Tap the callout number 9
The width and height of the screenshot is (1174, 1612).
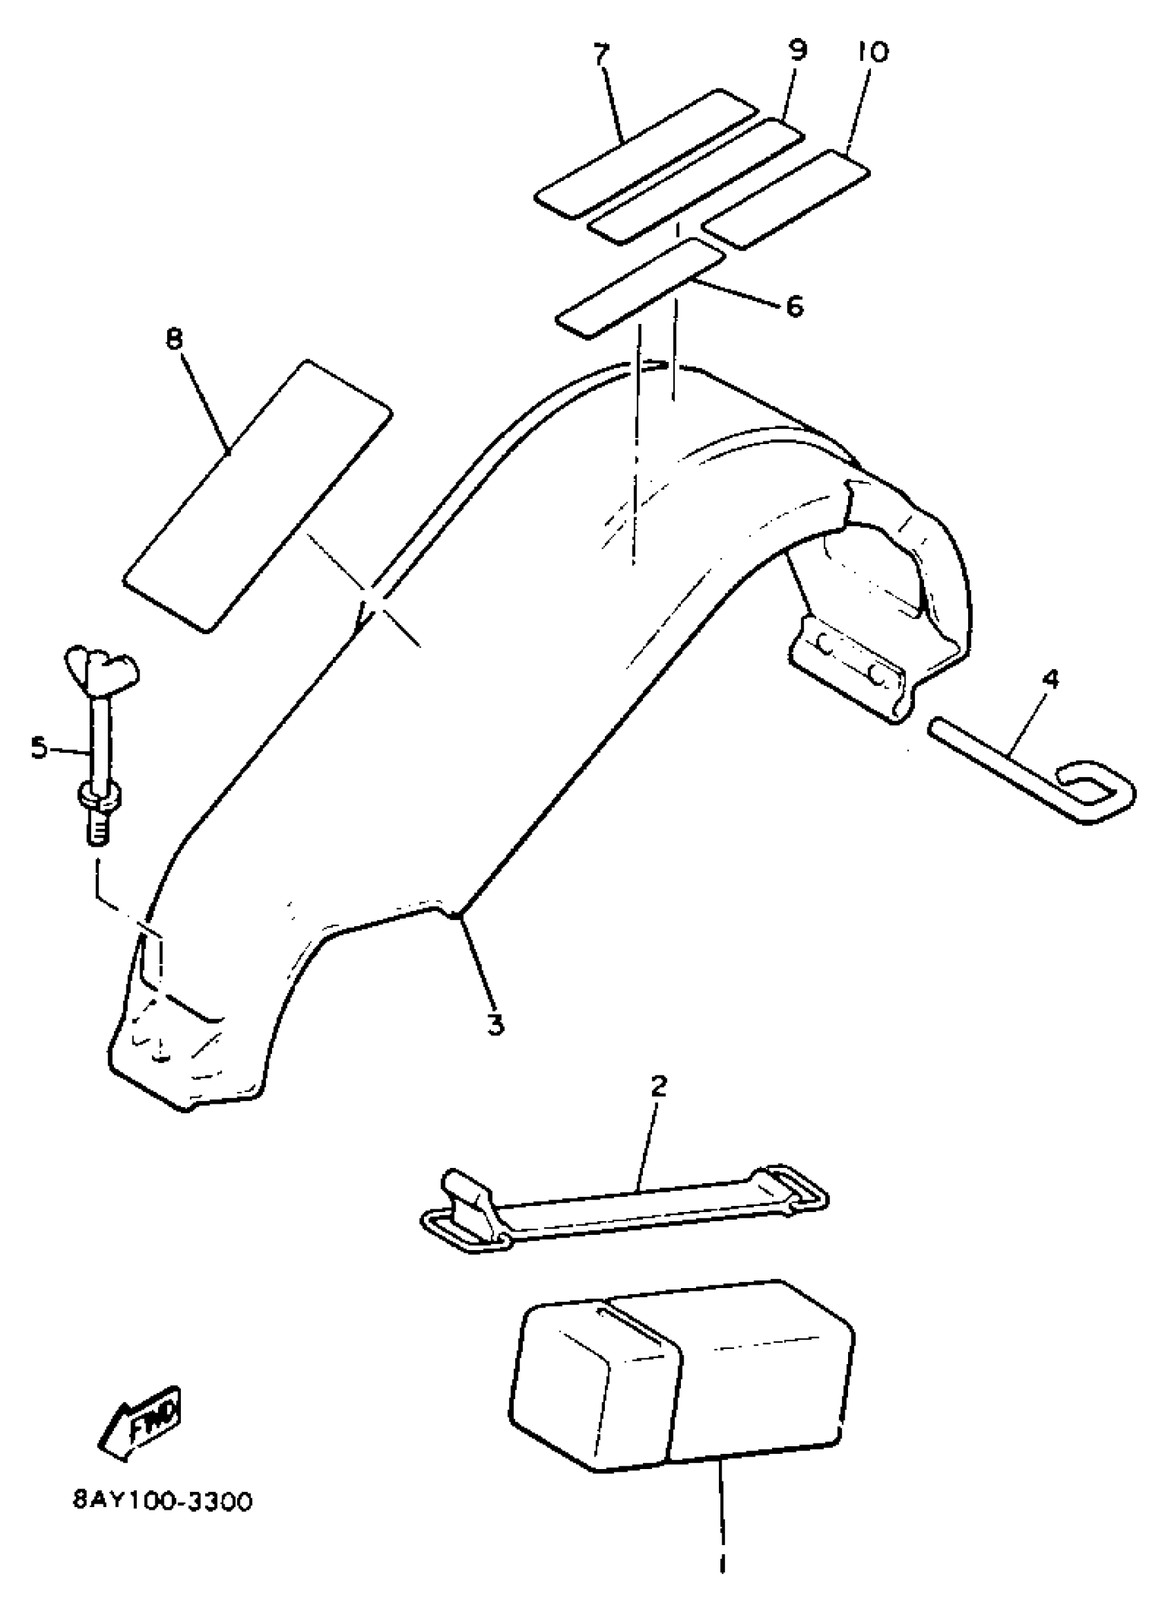click(x=798, y=50)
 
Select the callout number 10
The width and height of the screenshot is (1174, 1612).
click(x=873, y=51)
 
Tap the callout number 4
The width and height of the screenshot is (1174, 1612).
click(x=1050, y=680)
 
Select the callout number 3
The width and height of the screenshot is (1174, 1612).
click(x=495, y=1024)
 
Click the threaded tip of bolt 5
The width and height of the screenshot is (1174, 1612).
click(x=99, y=829)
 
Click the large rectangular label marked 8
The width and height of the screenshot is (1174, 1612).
click(x=258, y=495)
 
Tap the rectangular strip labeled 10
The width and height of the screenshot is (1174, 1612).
click(x=786, y=199)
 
